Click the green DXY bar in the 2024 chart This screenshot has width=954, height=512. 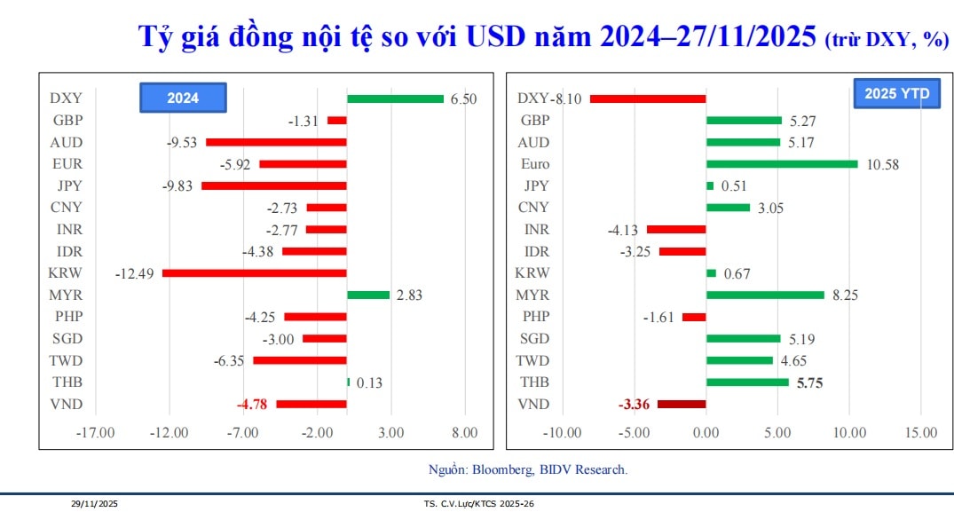pyautogui.click(x=395, y=98)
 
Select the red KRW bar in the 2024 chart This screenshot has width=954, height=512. pyautogui.click(x=254, y=273)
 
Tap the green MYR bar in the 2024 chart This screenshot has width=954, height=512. pyautogui.click(x=368, y=295)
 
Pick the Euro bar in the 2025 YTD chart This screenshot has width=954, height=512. pyautogui.click(x=782, y=164)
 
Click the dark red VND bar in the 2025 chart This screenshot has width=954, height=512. pyautogui.click(x=682, y=405)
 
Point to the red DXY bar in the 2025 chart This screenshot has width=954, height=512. pyautogui.click(x=648, y=98)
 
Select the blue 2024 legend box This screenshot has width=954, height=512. pyautogui.click(x=183, y=98)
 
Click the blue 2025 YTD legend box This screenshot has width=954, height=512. pyautogui.click(x=896, y=93)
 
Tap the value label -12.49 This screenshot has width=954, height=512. pyautogui.click(x=134, y=273)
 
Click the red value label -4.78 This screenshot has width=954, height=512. pyautogui.click(x=253, y=405)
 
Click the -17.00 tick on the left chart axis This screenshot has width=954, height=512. pyautogui.click(x=96, y=433)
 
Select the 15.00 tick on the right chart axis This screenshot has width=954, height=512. pyautogui.click(x=920, y=433)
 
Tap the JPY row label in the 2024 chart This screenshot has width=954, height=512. pyautogui.click(x=67, y=185)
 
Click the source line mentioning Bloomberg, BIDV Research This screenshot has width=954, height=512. pyautogui.click(x=527, y=469)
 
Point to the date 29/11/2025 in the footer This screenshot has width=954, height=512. pyautogui.click(x=94, y=504)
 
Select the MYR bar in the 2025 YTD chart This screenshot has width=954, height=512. pyautogui.click(x=765, y=295)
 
